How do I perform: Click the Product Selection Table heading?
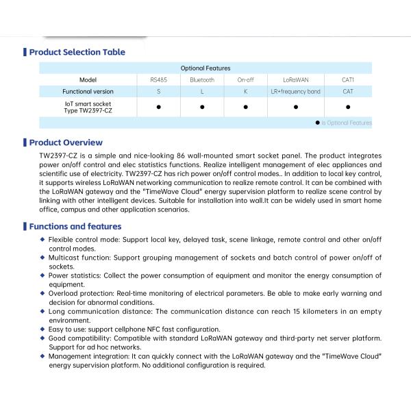coord(77,52)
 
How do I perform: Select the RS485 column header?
coord(158,80)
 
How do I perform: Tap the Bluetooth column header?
coord(202,80)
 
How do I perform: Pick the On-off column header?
coord(245,80)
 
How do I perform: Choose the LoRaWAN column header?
coord(295,80)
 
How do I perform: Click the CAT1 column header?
coord(348,80)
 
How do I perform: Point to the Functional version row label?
coord(88,91)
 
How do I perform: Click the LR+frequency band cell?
coord(295,91)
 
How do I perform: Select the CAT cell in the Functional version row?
coord(348,91)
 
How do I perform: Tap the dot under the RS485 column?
coord(158,107)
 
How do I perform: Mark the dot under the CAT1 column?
coord(348,107)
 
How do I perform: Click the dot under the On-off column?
coord(245,107)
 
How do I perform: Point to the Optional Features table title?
coord(206,68)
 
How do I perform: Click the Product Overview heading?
coord(66,142)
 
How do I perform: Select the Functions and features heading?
coord(75,227)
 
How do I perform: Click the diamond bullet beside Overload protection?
coord(43,293)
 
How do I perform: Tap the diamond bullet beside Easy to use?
coord(43,329)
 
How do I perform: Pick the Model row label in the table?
coord(88,80)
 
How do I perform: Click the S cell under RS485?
coord(158,91)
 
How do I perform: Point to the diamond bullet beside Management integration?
coord(43,357)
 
